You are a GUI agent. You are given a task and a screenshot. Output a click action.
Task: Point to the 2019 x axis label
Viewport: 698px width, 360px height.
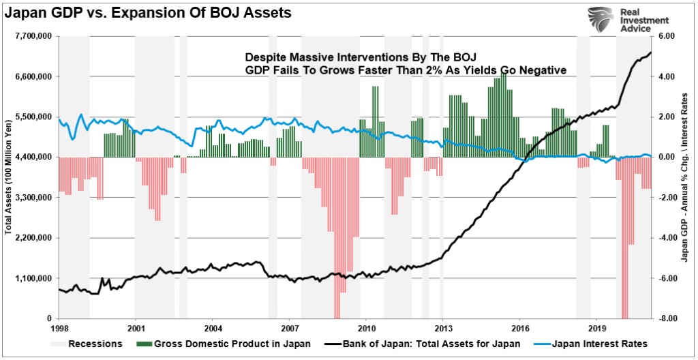[597, 327]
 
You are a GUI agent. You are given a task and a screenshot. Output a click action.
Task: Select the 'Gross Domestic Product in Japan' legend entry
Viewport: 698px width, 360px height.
[224, 344]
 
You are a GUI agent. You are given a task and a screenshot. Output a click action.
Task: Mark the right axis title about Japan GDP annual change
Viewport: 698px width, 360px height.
[685, 177]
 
